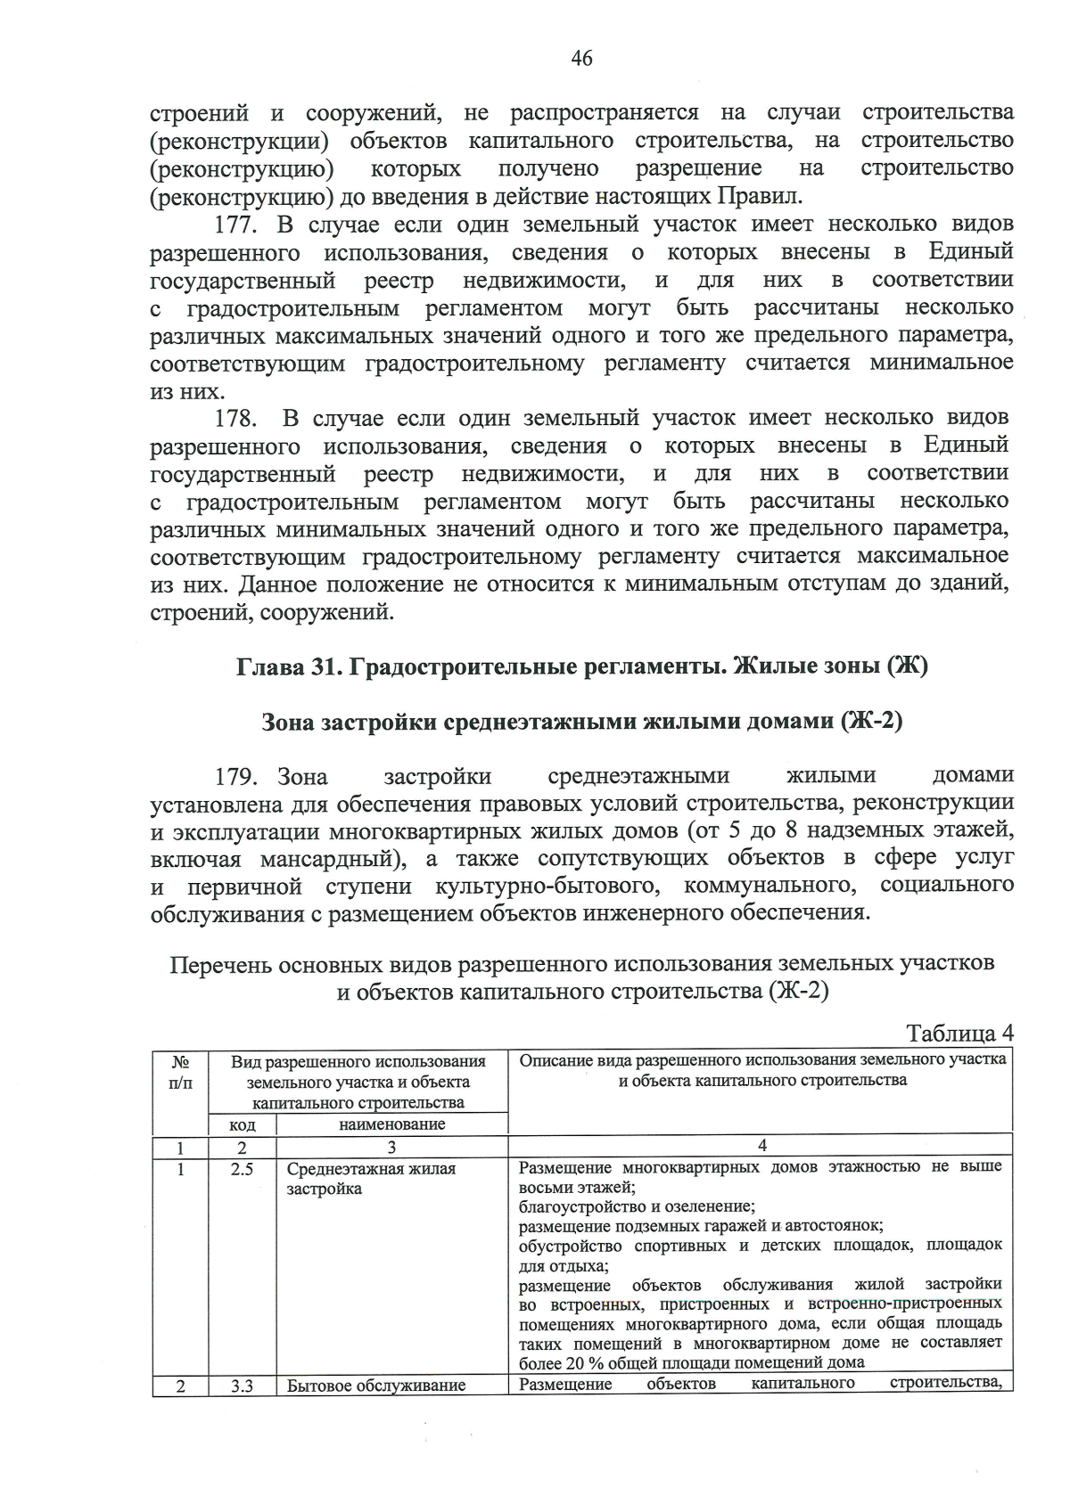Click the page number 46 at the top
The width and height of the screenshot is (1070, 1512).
(580, 59)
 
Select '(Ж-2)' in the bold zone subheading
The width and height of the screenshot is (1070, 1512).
(871, 721)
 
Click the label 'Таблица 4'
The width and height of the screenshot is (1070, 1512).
(959, 1033)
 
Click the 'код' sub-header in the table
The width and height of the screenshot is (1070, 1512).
(242, 1124)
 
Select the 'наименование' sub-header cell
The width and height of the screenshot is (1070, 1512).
(391, 1124)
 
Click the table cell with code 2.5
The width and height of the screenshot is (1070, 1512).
(242, 1169)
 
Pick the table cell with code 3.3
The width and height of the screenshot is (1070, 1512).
(242, 1386)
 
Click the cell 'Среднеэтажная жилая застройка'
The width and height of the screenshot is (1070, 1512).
(371, 1179)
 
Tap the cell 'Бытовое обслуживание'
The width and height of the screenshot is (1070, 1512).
(376, 1386)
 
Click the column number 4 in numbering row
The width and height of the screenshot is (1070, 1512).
(761, 1146)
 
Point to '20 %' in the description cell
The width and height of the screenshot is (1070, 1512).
(590, 1362)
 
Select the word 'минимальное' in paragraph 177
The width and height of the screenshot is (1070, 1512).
(941, 363)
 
